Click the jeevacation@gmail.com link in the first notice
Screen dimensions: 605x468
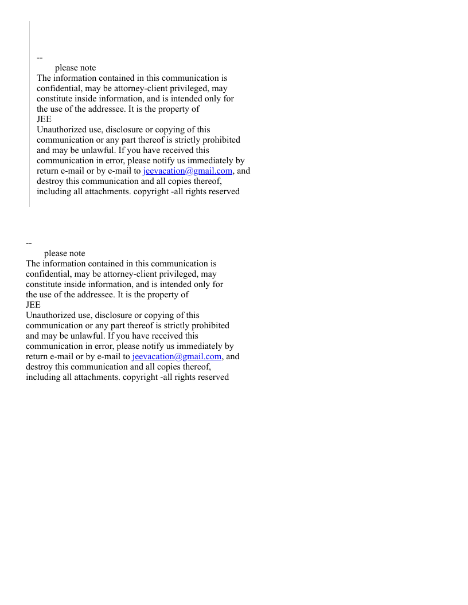[188, 171]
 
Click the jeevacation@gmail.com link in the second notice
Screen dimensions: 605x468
[177, 356]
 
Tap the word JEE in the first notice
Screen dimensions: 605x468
[44, 119]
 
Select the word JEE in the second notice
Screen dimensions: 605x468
[33, 305]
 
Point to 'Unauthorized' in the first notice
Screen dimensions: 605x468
[61, 129]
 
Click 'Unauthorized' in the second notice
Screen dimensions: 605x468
[50, 315]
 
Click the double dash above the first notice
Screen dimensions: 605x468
[40, 57]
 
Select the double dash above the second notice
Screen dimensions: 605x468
[29, 243]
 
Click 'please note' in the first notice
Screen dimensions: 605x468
[76, 68]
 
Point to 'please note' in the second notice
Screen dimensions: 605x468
[65, 253]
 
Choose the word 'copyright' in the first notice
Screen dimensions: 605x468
[151, 191]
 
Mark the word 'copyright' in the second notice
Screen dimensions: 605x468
[140, 377]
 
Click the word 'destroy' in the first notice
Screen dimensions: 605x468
[50, 181]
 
